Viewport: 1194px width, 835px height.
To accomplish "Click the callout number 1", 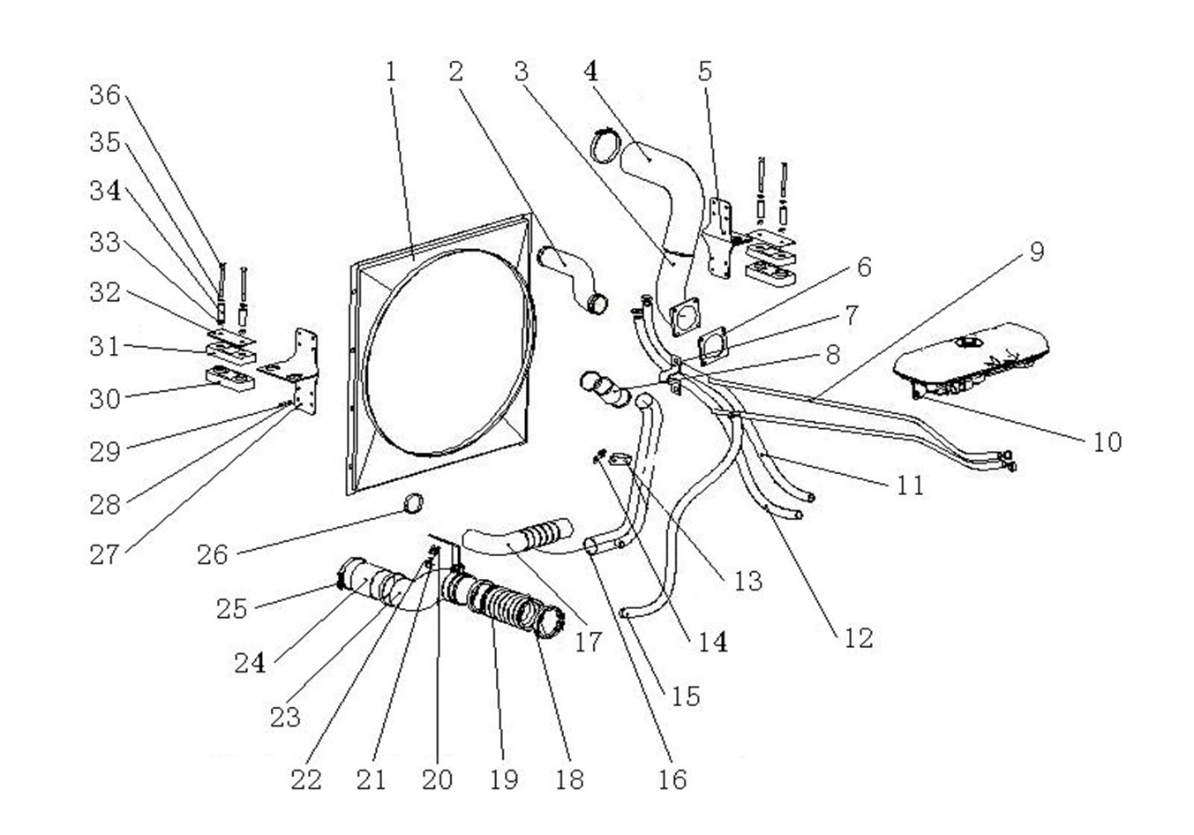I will coord(390,72).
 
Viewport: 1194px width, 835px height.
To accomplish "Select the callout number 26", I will coord(212,555).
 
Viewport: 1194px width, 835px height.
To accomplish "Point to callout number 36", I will coord(104,95).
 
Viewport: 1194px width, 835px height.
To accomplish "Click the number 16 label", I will coord(672,779).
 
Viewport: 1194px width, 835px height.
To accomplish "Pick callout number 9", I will coord(1036,252).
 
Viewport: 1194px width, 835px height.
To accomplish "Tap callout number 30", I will coord(104,399).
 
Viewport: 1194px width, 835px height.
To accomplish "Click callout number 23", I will coord(284,716).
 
